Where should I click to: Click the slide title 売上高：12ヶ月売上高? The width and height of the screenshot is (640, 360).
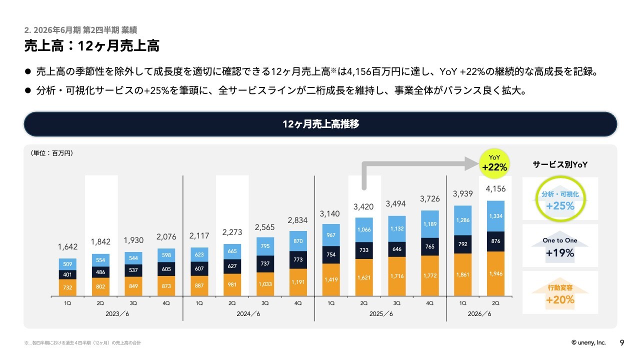[x=91, y=46]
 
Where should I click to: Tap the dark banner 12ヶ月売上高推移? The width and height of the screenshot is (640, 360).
[x=320, y=124]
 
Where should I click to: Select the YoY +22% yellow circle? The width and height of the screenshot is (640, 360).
[x=494, y=163]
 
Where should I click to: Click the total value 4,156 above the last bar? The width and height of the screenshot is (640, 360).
[x=495, y=189]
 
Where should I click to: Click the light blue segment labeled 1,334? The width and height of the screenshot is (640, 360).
[x=495, y=216]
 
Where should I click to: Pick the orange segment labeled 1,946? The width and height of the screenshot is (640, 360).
[x=495, y=274]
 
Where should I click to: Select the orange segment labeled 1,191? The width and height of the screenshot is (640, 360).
[x=298, y=282]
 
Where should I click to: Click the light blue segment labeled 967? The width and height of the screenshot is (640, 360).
[x=330, y=235]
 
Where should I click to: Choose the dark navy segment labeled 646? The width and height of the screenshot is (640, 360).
[x=397, y=248]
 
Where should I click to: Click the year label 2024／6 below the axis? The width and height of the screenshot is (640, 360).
[x=248, y=314]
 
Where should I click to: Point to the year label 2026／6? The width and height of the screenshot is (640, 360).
[x=479, y=314]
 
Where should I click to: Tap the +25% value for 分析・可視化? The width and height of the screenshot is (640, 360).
[x=560, y=205]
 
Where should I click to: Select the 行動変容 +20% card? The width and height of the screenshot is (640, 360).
[x=560, y=292]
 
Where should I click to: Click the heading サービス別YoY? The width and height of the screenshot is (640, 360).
[x=560, y=165]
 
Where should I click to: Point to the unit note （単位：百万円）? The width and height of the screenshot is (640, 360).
[x=52, y=153]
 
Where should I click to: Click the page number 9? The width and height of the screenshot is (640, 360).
[x=622, y=342]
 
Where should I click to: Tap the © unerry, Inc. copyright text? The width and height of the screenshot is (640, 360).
[x=588, y=342]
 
